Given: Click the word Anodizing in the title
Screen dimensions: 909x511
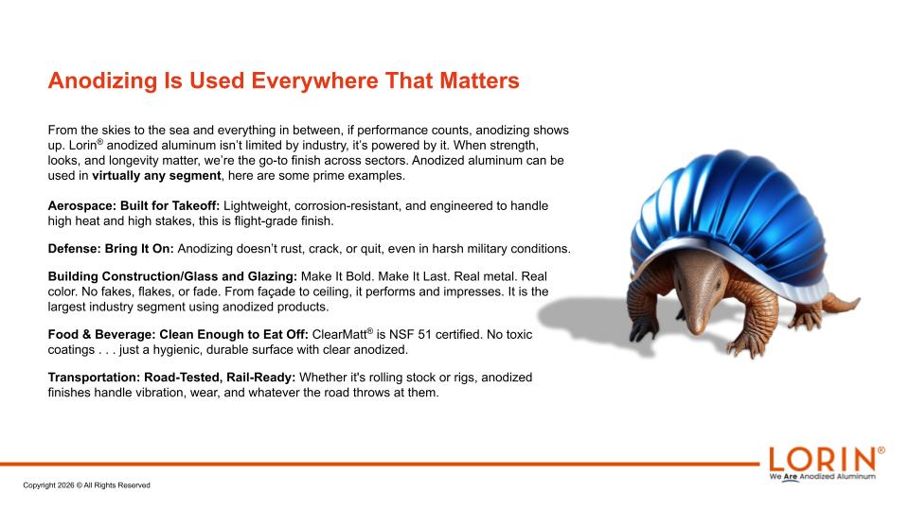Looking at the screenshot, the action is click(102, 80).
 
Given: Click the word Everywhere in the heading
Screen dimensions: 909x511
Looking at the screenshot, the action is click(314, 80).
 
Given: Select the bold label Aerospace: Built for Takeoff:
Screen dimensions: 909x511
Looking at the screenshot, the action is click(134, 205).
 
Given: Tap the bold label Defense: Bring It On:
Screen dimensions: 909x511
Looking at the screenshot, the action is click(111, 249).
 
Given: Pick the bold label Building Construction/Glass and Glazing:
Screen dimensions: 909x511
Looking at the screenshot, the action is click(172, 276).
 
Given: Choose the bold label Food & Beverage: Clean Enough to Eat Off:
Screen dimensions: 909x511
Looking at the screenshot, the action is click(178, 334).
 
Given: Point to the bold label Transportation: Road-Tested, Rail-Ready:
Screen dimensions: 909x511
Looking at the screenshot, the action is click(171, 378).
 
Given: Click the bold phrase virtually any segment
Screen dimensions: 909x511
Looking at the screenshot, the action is click(156, 176).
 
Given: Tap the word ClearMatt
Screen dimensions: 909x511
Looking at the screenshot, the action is click(340, 334).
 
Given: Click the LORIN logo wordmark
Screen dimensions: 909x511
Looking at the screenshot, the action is click(822, 460).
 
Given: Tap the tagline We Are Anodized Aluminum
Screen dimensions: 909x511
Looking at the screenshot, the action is click(823, 476).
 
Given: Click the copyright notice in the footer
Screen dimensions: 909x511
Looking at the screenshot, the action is click(87, 485).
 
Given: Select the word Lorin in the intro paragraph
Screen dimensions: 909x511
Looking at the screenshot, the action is click(83, 146).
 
